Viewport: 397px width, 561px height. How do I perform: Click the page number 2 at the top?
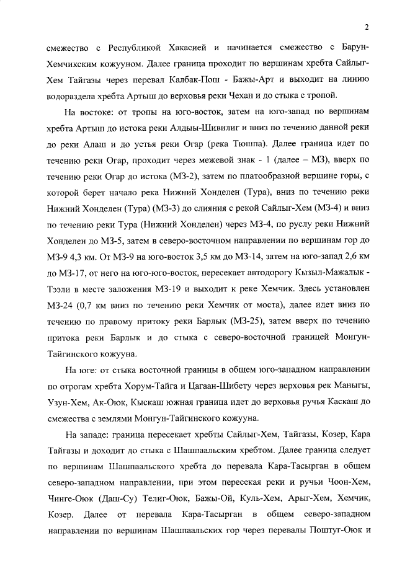(x=367, y=27)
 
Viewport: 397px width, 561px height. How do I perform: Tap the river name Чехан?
(x=235, y=95)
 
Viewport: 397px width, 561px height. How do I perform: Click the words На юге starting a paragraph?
(x=79, y=369)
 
